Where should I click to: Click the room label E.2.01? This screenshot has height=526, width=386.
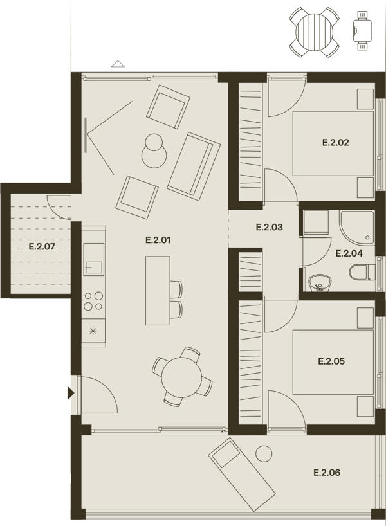pyautogui.click(x=158, y=240)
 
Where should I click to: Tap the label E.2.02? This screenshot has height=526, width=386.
pyautogui.click(x=336, y=142)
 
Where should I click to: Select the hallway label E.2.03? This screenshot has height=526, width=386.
pyautogui.click(x=269, y=227)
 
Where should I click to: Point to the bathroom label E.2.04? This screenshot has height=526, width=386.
pyautogui.click(x=349, y=253)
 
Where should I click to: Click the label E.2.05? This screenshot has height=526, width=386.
pyautogui.click(x=331, y=361)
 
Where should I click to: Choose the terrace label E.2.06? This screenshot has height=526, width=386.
pyautogui.click(x=327, y=473)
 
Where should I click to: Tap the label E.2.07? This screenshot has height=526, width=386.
pyautogui.click(x=42, y=246)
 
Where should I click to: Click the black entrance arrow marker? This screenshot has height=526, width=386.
pyautogui.click(x=71, y=393)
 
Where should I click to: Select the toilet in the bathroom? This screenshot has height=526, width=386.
pyautogui.click(x=362, y=272)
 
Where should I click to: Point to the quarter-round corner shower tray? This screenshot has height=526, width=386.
pyautogui.click(x=356, y=228)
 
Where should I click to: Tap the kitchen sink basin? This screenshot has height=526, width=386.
pyautogui.click(x=94, y=258)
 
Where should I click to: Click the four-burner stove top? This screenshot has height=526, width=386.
pyautogui.click(x=94, y=300)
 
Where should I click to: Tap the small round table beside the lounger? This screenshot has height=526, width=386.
pyautogui.click(x=264, y=454)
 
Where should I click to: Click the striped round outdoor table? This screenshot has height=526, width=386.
pyautogui.click(x=314, y=32)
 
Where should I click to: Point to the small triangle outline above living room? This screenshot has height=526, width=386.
pyautogui.click(x=118, y=64)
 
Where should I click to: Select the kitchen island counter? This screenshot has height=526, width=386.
pyautogui.click(x=158, y=291)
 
